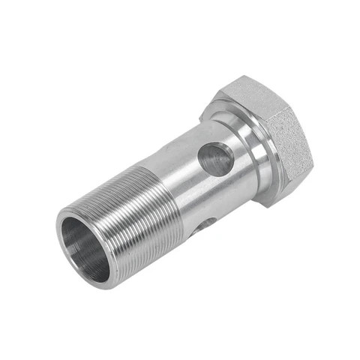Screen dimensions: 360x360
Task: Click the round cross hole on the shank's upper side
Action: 215,159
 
